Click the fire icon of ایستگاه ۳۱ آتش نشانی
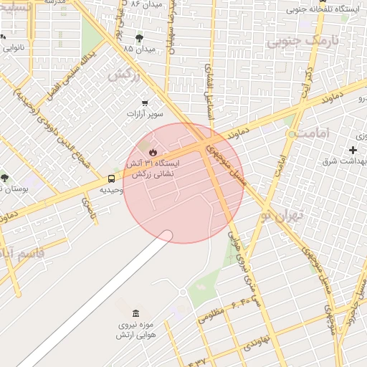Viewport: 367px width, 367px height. click(x=153, y=151)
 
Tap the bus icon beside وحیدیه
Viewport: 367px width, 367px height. click(x=112, y=178)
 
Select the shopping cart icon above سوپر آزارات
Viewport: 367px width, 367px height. click(x=145, y=103)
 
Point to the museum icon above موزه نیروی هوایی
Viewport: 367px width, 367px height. click(x=135, y=313)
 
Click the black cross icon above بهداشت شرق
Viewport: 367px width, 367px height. click(x=353, y=150)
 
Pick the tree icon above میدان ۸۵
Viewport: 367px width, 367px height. click(x=139, y=38)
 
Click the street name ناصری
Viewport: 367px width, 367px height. click(x=88, y=208)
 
